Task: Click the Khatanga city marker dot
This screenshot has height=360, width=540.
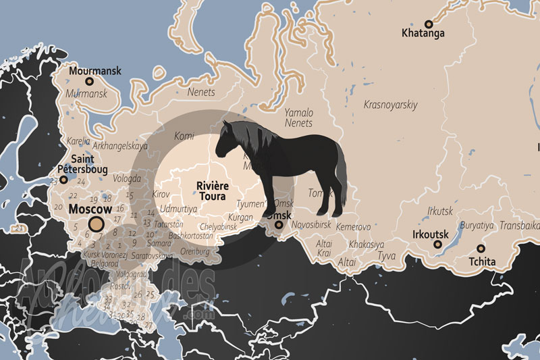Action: point(428,24)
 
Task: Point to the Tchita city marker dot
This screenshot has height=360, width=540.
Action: point(481,248)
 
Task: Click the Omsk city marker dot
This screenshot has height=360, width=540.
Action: point(278,225)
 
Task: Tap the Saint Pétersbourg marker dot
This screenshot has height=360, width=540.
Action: point(63,180)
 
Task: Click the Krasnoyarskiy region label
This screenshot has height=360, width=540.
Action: point(391,105)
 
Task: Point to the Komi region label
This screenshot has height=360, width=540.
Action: point(184,136)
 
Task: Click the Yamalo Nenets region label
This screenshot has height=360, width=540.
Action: point(298,118)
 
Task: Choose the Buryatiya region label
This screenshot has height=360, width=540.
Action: point(477,225)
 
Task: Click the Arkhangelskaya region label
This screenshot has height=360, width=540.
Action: point(120,145)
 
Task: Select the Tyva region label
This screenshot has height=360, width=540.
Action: point(387,256)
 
